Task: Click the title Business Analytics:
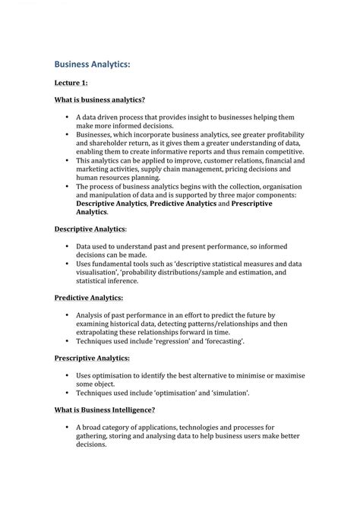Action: tap(92, 65)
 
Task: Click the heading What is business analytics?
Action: tap(99, 100)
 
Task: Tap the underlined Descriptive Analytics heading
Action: tap(90, 228)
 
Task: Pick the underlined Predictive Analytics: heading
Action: tap(88, 299)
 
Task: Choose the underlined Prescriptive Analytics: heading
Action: tap(92, 357)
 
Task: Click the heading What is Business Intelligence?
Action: tap(105, 410)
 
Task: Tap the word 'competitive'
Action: tap(279, 151)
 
